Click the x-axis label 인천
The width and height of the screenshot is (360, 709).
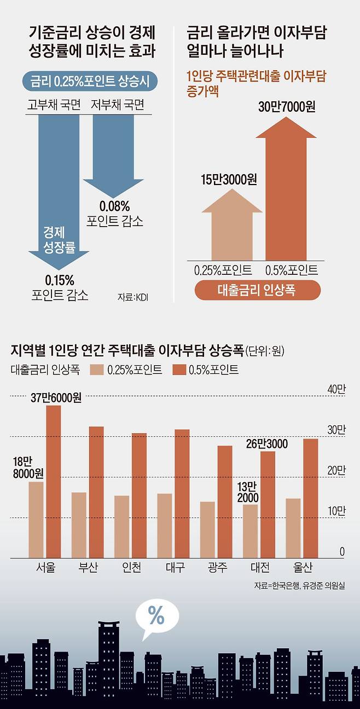132,568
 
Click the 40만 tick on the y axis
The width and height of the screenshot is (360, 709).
336,389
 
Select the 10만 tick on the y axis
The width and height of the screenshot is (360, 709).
336,511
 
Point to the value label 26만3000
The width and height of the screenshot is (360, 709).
267,443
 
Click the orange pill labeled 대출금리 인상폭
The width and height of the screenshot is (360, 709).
258,290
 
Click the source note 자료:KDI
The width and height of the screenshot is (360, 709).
132,297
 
